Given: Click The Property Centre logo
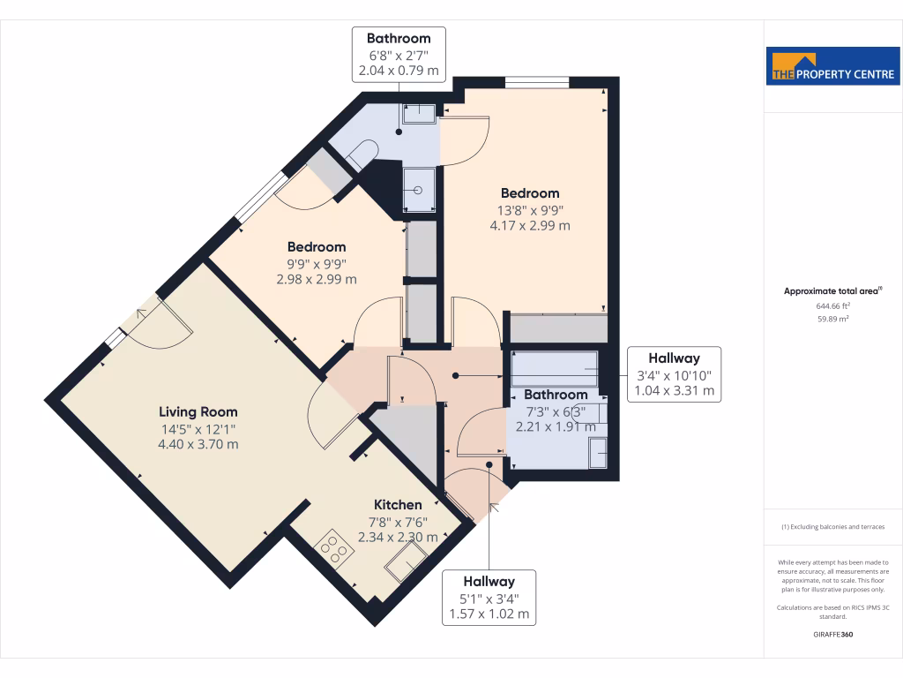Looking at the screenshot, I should click(832, 66).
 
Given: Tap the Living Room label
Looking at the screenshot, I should click(198, 411).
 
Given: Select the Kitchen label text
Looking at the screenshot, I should click(397, 504).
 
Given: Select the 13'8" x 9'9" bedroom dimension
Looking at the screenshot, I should click(530, 210).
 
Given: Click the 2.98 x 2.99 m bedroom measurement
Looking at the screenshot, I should click(317, 279).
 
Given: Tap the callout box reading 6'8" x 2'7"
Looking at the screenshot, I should click(399, 55).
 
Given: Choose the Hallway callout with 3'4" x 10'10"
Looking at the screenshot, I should click(675, 374).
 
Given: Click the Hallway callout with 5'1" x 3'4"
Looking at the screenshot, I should click(489, 598).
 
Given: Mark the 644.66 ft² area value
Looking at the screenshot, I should click(833, 305).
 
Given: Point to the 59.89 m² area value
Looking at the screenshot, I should click(833, 319).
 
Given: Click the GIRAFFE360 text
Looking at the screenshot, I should click(833, 635).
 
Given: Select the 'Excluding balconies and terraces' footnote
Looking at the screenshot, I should click(833, 527).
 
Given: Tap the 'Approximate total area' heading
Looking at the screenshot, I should click(832, 290).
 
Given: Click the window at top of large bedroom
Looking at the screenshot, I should click(537, 83).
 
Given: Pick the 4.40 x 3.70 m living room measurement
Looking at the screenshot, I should click(198, 444).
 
